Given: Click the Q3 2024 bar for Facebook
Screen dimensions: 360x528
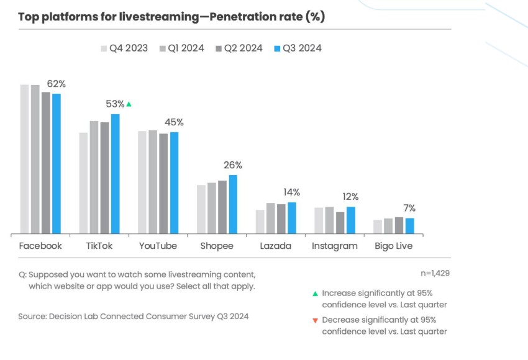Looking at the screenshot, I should coord(57,164).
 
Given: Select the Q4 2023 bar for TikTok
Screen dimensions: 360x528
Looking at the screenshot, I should coord(83,183).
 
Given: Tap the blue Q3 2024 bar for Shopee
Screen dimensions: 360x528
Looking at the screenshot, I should coord(233,204).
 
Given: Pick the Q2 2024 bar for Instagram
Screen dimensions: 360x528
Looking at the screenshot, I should coord(340,223).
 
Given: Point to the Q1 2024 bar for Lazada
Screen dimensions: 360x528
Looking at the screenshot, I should coord(270,218).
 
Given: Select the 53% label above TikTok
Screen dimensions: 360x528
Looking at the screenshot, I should coord(115,104).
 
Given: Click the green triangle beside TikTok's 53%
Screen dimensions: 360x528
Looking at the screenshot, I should coord(129,104).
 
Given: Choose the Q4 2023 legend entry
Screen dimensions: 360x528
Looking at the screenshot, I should coord(124,48).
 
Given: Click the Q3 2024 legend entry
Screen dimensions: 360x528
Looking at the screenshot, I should coord(298,48).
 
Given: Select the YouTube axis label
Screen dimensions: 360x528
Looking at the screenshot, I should coord(158,246).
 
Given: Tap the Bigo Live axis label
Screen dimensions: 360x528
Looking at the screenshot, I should coord(394,246).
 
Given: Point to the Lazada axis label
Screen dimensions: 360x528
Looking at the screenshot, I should coord(276,246).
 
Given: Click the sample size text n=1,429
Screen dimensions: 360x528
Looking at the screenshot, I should coord(435,273).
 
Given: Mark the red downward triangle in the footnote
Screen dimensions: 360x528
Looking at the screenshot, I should coord(315,320).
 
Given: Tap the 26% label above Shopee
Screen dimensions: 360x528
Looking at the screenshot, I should coord(233,165).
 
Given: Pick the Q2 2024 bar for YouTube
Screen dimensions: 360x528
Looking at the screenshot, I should coord(163,184).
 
